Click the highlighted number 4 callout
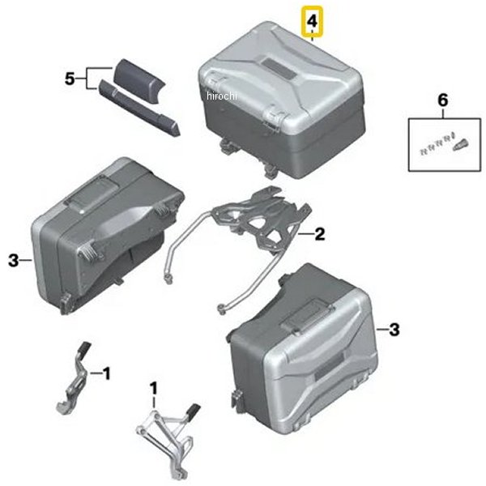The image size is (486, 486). pos(313,21)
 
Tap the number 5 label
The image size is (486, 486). pos(70,79)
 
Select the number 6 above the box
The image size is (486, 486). pos(442,100)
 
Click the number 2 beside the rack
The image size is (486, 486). pos(320,234)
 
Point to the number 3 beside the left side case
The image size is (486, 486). pos(14,260)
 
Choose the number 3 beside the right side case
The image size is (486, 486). pos(394,329)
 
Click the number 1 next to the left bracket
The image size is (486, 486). pos(106,373)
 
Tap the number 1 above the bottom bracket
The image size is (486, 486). pos(153,388)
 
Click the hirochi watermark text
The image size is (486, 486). pos(222,96)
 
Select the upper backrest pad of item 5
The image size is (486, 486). pos(138,80)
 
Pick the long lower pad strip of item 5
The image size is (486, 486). pos(139,108)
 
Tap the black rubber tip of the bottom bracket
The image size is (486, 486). pos(192,409)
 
